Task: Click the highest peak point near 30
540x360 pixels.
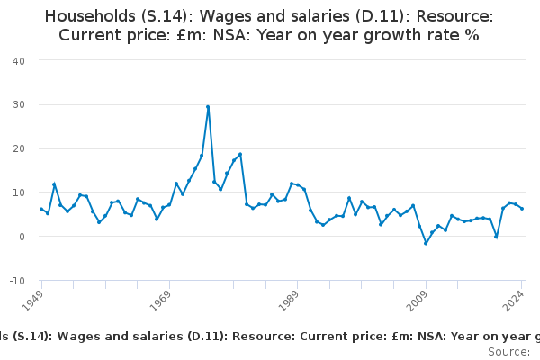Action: point(208,107)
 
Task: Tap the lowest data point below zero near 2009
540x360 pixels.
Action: point(426,243)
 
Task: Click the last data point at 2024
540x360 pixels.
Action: point(522,209)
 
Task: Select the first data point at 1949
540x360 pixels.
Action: point(41,209)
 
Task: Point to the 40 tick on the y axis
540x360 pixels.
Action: point(18,60)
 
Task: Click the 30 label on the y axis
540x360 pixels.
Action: point(18,104)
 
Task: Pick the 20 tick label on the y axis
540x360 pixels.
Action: point(18,148)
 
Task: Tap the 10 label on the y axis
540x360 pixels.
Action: point(18,193)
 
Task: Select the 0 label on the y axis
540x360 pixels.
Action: point(21,237)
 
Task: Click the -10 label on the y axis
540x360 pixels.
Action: point(16,281)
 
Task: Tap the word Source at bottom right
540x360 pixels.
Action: point(508,351)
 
